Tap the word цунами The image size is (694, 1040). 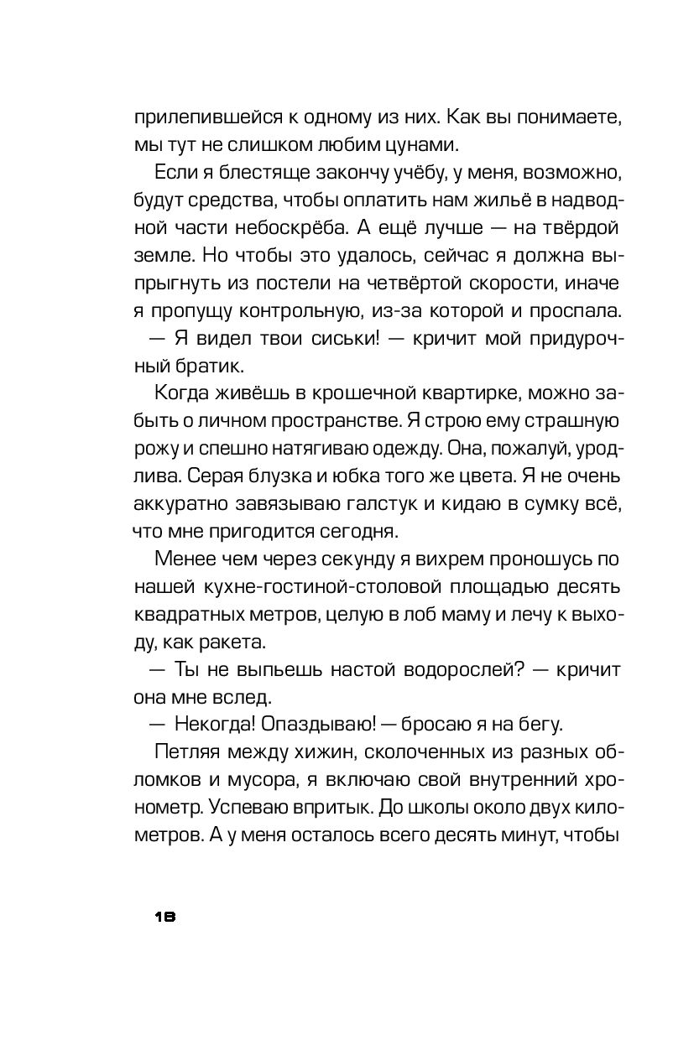click(418, 143)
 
